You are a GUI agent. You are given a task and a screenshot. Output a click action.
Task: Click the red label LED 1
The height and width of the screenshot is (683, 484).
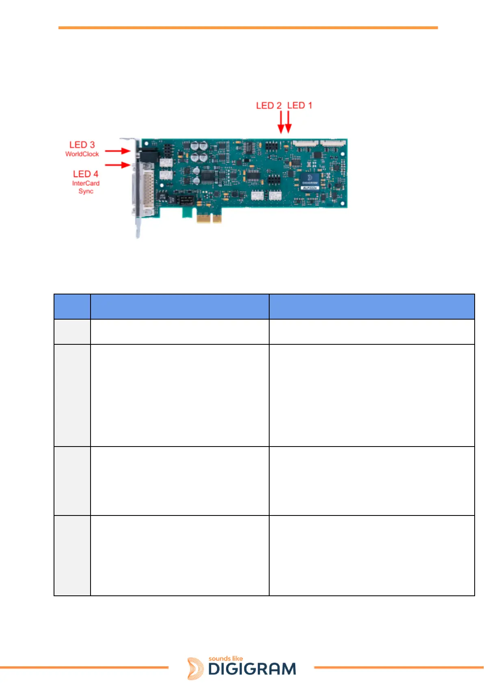[x=300, y=105]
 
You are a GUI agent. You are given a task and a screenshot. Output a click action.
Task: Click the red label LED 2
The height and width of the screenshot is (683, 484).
[x=269, y=105]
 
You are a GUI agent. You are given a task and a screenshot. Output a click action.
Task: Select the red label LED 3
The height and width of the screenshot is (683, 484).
[x=82, y=145]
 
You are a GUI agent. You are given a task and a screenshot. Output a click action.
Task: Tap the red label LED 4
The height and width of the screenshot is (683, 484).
[x=86, y=174]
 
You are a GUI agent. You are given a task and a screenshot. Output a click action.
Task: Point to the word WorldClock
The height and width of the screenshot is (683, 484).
[x=82, y=154]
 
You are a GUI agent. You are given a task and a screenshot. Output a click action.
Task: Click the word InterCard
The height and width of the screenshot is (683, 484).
[x=86, y=183]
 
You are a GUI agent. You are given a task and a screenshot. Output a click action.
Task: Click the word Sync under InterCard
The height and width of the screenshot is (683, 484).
[x=86, y=191]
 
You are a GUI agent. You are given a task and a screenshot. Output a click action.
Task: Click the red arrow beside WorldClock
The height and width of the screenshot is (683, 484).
[x=117, y=151]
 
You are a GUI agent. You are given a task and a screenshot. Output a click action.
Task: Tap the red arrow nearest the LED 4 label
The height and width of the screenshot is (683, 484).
[x=117, y=165]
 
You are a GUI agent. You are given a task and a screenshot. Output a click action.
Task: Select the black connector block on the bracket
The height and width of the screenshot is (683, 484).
[x=149, y=156]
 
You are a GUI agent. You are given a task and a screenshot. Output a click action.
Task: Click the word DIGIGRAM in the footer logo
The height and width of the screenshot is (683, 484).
[x=252, y=669]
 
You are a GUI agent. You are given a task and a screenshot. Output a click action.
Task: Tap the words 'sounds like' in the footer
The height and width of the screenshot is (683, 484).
[x=226, y=659]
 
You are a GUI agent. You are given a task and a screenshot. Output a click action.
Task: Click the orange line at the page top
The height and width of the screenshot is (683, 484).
[x=248, y=28]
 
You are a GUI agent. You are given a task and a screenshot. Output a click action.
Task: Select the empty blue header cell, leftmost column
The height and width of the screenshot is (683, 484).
[x=72, y=307]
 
